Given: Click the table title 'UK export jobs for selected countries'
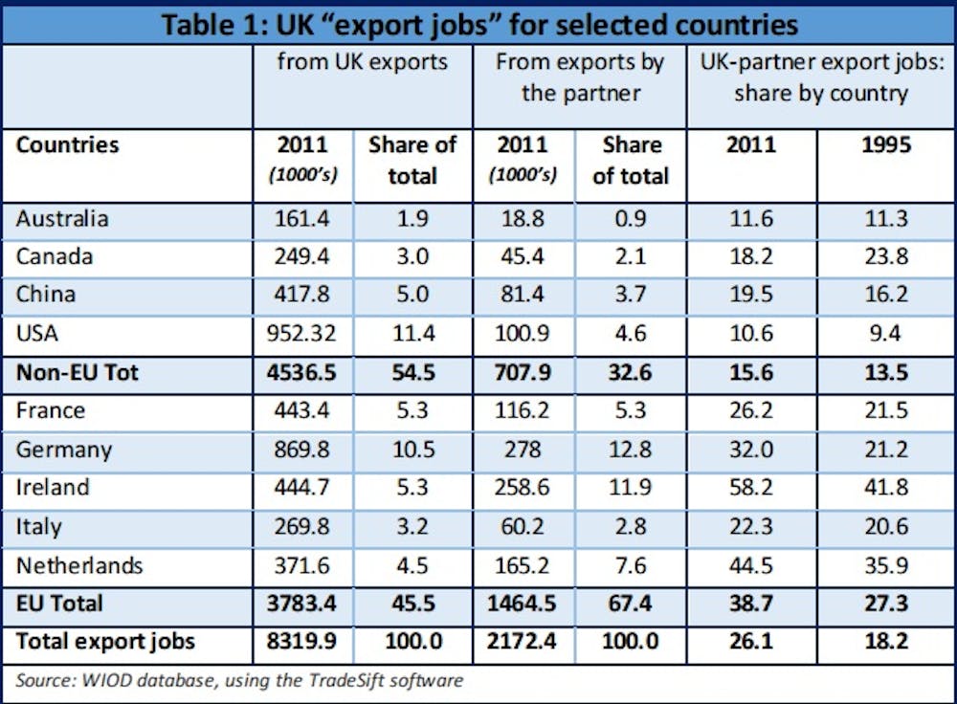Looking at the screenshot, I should [478, 23].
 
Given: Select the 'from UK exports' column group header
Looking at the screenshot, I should [362, 62].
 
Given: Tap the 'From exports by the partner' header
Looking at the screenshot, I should [579, 77].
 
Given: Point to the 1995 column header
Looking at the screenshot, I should [885, 144].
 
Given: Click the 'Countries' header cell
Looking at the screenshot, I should [68, 144].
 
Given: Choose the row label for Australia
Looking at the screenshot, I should [62, 218].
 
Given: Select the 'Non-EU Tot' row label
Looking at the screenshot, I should [78, 372].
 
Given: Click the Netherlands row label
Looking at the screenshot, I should [79, 565].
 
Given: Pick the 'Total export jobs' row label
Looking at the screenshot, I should [105, 641].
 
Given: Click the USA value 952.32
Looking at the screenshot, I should [302, 334].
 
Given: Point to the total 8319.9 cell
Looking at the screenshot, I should [302, 641].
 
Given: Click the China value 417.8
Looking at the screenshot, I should [302, 295].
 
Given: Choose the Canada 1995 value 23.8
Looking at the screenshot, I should [885, 256].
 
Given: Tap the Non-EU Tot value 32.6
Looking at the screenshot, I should [630, 372].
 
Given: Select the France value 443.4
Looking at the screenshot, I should [302, 410].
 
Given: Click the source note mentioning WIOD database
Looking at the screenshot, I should [239, 681].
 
